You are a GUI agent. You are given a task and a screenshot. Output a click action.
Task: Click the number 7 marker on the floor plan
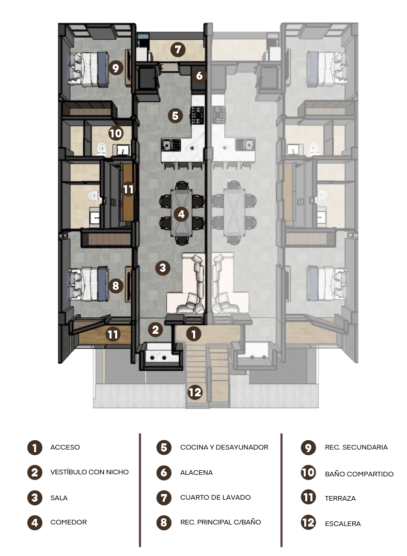pos(178,49)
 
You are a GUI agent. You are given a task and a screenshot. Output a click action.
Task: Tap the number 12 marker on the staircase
pos(195,392)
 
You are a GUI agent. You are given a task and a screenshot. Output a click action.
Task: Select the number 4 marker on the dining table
pos(181,214)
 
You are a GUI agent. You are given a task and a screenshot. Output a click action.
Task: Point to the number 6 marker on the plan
pos(199,75)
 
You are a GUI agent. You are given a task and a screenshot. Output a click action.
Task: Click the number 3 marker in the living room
pos(163,267)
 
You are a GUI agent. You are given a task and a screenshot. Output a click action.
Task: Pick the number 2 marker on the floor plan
pos(155,330)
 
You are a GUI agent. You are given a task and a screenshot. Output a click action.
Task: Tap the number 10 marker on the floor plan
pos(116,133)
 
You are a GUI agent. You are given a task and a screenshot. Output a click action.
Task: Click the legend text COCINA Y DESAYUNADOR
pos(224,447)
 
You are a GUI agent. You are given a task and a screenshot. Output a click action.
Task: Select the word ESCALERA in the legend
pos(343,523)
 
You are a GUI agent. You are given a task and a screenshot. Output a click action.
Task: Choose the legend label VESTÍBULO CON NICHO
pos(89,472)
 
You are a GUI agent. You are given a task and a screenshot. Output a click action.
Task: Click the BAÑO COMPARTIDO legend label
pos(359,474)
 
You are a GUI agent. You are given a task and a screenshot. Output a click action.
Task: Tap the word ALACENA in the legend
pos(196,473)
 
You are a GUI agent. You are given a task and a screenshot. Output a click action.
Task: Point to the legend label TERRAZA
pos(340,498)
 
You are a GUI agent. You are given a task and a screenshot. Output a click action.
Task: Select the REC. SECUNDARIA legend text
pos(356,447)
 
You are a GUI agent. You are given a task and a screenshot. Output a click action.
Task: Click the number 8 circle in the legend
pos(164,522)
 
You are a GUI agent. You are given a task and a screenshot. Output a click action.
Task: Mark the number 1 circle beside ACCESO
pos(35,447)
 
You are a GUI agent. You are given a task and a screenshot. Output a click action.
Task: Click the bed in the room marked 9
pos(87,69)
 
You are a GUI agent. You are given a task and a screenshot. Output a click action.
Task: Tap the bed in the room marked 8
pos(87,284)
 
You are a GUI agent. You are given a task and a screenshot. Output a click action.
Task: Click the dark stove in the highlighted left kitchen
pos(197,115)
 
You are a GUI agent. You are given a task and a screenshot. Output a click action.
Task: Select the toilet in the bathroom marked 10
pos(102,149)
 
